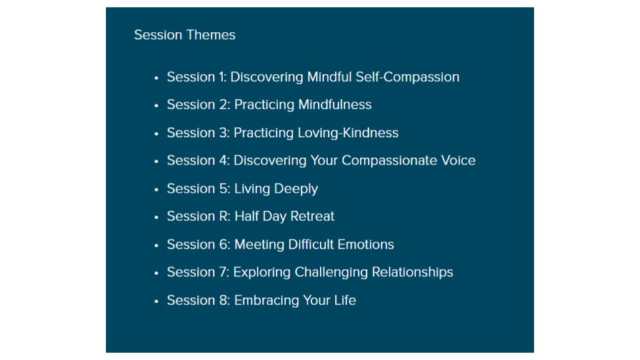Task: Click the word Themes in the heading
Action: click(x=211, y=35)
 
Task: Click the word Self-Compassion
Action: click(x=407, y=77)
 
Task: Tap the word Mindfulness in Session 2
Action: click(x=335, y=104)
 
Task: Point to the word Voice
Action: click(x=458, y=161)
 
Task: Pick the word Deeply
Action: click(x=296, y=189)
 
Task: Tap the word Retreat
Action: click(x=312, y=216)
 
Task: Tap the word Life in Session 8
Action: click(x=345, y=300)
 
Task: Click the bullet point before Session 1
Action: click(x=156, y=77)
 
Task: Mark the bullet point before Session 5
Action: click(x=156, y=189)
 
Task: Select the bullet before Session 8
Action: click(x=156, y=301)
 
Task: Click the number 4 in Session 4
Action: click(x=223, y=161)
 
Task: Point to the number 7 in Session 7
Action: click(x=223, y=272)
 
